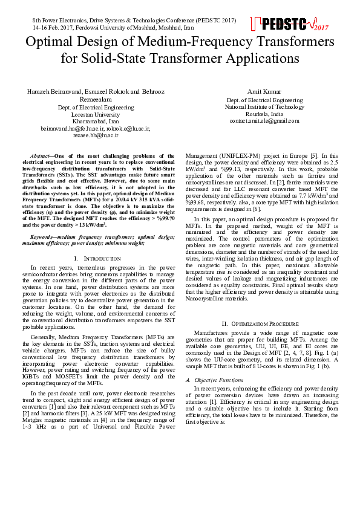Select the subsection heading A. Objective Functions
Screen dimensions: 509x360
215,380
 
